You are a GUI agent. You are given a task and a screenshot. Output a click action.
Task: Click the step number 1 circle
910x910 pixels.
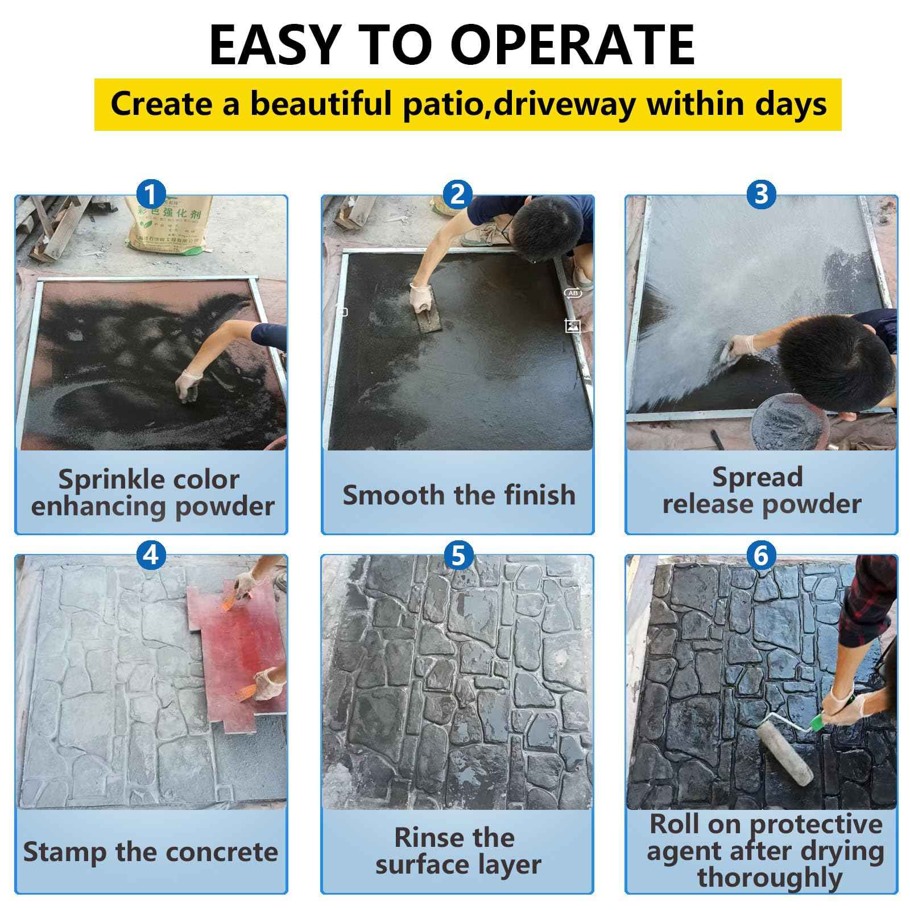click(x=151, y=195)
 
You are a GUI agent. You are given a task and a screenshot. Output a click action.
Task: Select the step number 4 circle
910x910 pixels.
click(x=151, y=554)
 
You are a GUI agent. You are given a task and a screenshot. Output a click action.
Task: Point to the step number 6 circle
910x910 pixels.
click(x=761, y=554)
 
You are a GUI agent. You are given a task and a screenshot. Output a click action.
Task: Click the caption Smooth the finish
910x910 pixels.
click(x=458, y=495)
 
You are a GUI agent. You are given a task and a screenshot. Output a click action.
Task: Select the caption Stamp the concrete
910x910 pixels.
click(x=151, y=851)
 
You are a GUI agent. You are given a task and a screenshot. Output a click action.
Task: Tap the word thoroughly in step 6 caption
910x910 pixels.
click(x=770, y=877)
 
